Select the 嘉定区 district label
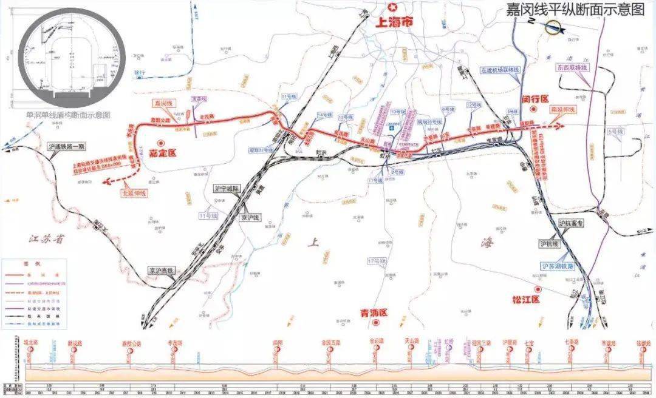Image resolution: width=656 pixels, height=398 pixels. (x=162, y=153)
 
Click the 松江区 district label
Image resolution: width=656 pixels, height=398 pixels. (x=526, y=299)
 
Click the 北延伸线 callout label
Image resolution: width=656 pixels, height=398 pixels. (x=134, y=192)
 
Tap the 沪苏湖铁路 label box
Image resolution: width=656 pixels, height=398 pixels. (x=558, y=266)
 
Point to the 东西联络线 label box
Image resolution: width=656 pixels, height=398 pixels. (x=572, y=68)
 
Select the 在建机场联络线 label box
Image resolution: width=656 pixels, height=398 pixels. (x=500, y=70)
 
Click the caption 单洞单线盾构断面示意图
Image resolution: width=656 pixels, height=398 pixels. (x=73, y=113)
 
